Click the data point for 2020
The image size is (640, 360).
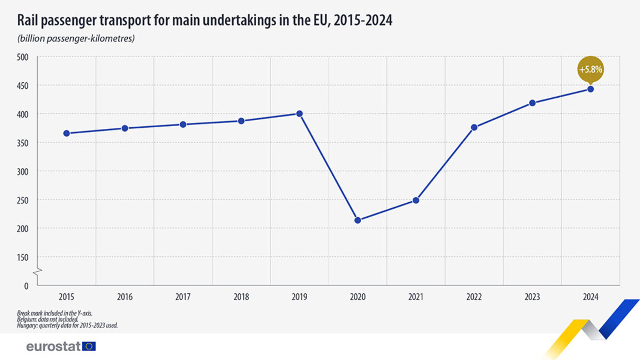click(x=358, y=221)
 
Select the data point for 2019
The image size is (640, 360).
click(x=299, y=113)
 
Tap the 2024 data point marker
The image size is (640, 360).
click(x=591, y=89)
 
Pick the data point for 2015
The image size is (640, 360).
click(x=67, y=133)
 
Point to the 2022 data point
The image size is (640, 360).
click(x=474, y=127)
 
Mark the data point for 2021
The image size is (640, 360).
click(x=416, y=201)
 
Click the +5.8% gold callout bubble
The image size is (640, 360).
click(x=591, y=70)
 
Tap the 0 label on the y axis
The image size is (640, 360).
click(x=26, y=286)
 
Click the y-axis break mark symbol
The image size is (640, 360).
click(x=37, y=272)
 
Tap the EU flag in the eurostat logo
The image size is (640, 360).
click(x=89, y=347)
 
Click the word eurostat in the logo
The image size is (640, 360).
click(x=53, y=347)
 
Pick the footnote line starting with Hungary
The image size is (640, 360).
click(x=67, y=325)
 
